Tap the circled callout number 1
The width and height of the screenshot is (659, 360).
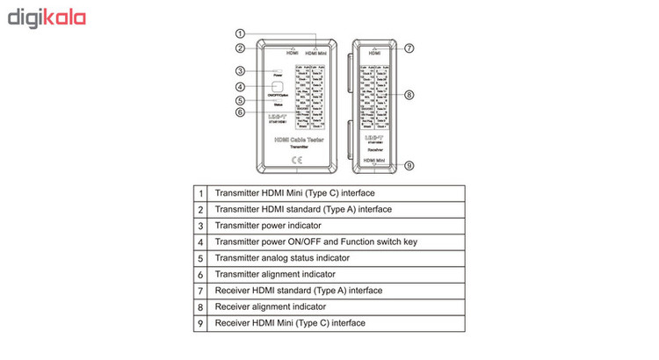click(239, 33)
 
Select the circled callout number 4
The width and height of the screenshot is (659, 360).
click(239, 87)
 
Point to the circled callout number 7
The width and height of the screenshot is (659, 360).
click(409, 48)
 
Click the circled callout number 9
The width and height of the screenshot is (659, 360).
click(409, 165)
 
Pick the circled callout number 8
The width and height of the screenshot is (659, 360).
click(409, 94)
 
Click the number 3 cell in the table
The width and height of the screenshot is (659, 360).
click(201, 226)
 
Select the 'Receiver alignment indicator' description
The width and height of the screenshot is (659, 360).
click(271, 306)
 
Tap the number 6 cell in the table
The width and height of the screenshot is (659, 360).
click(201, 274)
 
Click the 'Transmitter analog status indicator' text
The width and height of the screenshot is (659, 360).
click(282, 258)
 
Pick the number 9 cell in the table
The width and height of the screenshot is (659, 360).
click(201, 323)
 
